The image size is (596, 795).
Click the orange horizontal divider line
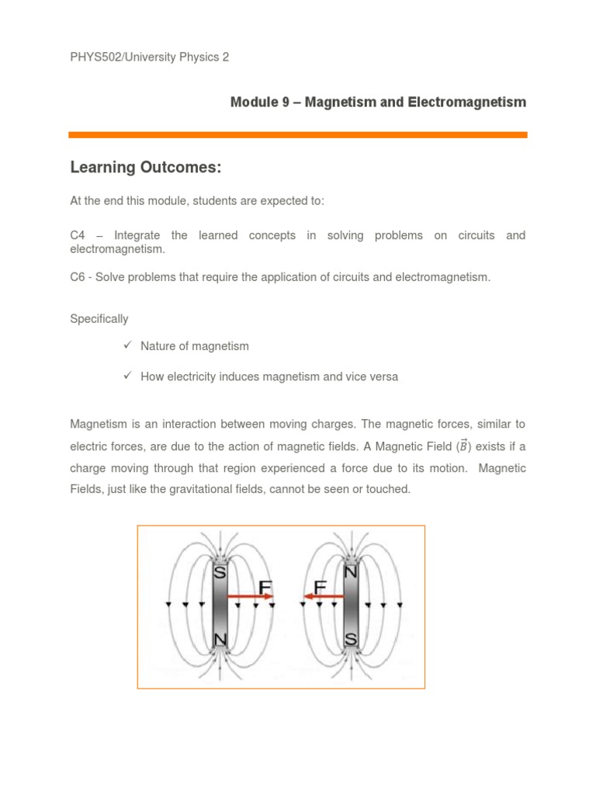coord(298,135)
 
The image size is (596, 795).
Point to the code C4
coord(78,235)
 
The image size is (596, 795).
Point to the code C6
coord(78,277)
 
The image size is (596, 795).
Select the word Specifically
coord(99,318)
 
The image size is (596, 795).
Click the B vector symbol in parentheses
coord(464,446)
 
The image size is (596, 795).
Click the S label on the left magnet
coord(220,574)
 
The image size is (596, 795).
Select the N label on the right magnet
coord(350,573)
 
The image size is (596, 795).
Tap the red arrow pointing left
coord(323,597)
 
